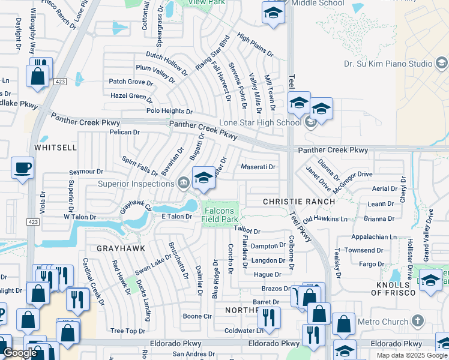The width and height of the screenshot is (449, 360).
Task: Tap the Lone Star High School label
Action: point(259,123)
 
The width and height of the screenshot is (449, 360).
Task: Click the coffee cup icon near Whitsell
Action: point(23,167)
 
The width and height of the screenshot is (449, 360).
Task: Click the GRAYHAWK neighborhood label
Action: point(105,247)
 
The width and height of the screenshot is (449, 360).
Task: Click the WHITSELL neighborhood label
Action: point(56,147)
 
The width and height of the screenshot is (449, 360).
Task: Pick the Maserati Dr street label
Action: point(258,167)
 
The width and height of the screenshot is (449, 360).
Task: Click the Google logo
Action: point(20,353)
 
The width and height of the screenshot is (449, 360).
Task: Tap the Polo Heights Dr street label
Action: point(170,111)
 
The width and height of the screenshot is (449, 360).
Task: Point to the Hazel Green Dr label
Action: point(131,95)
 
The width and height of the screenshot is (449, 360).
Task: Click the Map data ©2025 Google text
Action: point(412,355)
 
